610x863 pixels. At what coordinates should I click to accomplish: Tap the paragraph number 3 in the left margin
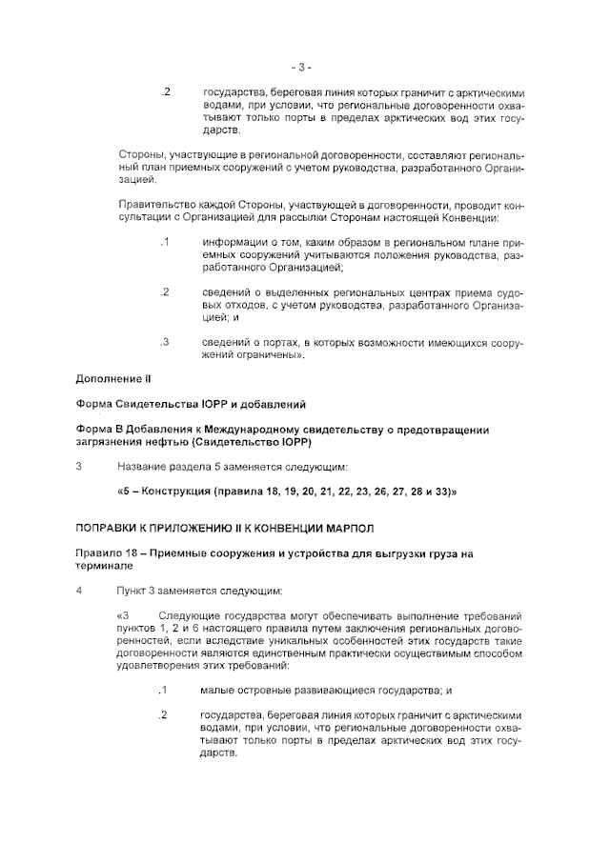click(78, 467)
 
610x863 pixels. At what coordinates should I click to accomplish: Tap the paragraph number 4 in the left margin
click(78, 590)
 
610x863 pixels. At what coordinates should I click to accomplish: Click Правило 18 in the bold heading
click(107, 553)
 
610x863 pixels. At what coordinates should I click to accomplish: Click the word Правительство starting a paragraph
click(156, 205)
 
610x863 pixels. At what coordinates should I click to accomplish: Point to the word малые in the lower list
click(217, 690)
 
